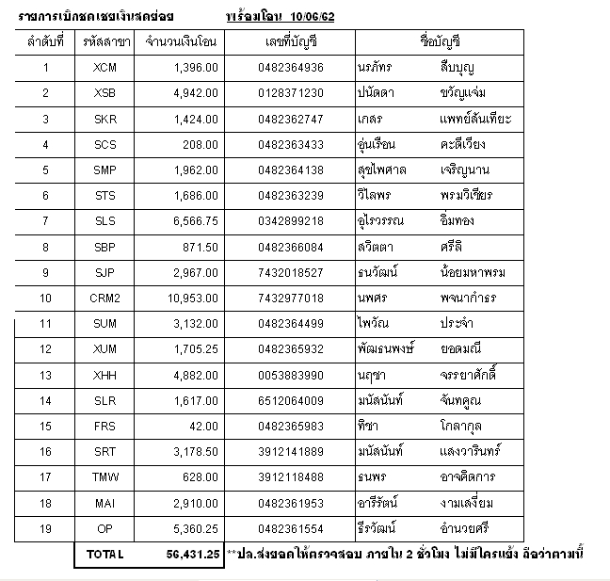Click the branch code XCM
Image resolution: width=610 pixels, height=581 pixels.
click(x=105, y=67)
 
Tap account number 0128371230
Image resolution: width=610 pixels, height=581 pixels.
click(x=290, y=92)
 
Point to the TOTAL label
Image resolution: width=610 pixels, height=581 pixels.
click(x=104, y=555)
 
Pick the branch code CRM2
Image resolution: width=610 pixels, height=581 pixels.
click(x=105, y=298)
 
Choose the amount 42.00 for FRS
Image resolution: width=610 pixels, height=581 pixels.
click(x=204, y=426)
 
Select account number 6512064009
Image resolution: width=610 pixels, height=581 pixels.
click(x=290, y=400)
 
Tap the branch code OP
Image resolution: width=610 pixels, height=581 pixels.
click(x=105, y=528)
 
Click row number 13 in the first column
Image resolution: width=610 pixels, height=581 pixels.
click(x=45, y=375)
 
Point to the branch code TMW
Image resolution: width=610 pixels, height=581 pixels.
click(x=105, y=477)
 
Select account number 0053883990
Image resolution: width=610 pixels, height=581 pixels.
click(x=290, y=375)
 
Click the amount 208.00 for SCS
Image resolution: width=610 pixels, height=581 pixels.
click(x=201, y=144)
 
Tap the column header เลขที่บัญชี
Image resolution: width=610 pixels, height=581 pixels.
click(x=290, y=42)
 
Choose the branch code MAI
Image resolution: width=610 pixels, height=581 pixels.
click(x=105, y=503)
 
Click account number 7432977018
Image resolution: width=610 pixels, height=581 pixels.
click(x=290, y=298)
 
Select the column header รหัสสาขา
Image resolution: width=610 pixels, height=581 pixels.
click(x=105, y=42)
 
